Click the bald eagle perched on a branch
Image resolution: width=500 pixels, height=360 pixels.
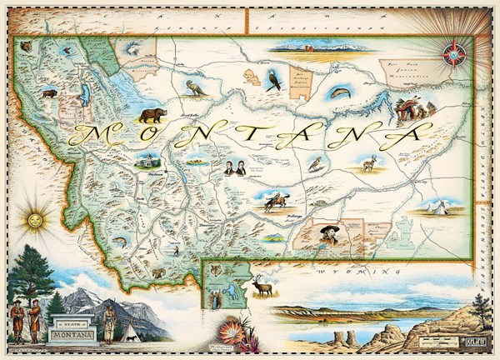(275, 80)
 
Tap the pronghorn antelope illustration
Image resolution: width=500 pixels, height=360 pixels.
(368, 163)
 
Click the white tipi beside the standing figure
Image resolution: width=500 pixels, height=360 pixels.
(131, 331)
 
